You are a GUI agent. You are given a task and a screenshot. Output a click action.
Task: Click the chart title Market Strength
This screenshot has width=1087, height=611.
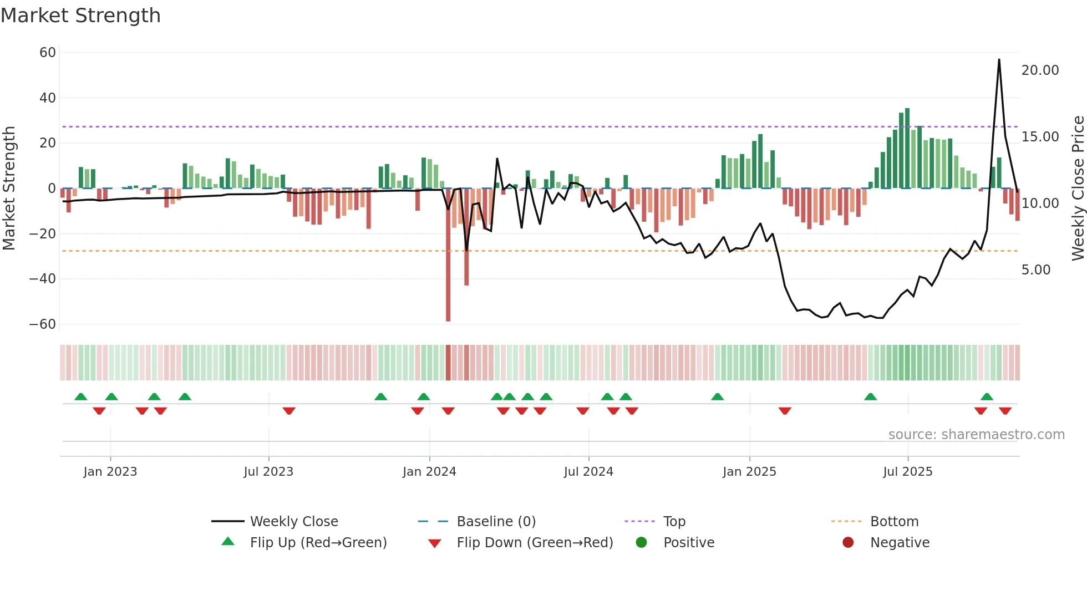pyautogui.click(x=81, y=16)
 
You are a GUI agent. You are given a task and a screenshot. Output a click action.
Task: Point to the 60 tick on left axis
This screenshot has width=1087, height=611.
pyautogui.click(x=48, y=53)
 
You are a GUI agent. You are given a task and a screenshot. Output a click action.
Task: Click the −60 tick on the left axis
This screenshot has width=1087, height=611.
pyautogui.click(x=43, y=324)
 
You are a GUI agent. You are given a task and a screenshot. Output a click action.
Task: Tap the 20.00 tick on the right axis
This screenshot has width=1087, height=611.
pyautogui.click(x=1040, y=70)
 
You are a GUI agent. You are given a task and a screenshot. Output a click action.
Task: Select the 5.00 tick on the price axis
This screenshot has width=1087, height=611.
pyautogui.click(x=1035, y=270)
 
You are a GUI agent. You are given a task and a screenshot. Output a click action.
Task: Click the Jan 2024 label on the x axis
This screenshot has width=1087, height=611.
pyautogui.click(x=429, y=472)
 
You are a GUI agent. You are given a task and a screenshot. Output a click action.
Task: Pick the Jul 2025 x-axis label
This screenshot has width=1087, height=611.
pyautogui.click(x=907, y=472)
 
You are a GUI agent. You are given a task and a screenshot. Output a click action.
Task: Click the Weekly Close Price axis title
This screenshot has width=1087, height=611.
pyautogui.click(x=1078, y=189)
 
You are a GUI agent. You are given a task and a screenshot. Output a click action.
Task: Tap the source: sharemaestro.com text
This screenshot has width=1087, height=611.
pyautogui.click(x=976, y=435)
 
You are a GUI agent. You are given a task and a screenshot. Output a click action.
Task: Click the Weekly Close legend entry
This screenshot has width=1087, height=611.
pyautogui.click(x=293, y=522)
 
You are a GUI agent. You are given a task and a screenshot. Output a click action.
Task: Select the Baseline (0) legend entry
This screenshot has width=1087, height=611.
pyautogui.click(x=496, y=522)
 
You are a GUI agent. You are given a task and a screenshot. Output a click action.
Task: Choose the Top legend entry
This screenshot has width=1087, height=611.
pyautogui.click(x=674, y=522)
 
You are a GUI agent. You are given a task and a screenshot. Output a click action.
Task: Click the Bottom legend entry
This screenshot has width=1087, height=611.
pyautogui.click(x=894, y=522)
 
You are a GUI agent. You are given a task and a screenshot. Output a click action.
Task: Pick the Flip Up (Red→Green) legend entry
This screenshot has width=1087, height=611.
pyautogui.click(x=318, y=543)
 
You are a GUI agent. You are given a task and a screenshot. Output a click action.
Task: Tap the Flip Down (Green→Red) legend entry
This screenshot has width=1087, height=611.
pyautogui.click(x=535, y=543)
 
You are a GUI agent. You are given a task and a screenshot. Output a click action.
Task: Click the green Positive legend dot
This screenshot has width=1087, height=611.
pyautogui.click(x=642, y=543)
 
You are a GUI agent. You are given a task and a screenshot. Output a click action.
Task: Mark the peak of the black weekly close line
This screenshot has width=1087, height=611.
pyautogui.click(x=999, y=60)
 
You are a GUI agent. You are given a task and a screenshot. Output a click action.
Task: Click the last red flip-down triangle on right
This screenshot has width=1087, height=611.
pyautogui.click(x=1005, y=411)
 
